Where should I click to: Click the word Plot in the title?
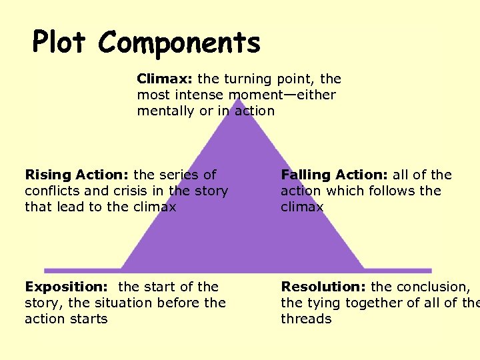pyautogui.click(x=61, y=43)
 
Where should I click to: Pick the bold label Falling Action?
pyautogui.click(x=334, y=175)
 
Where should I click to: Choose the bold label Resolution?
pyautogui.click(x=323, y=287)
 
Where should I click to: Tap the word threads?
pyautogui.click(x=306, y=319)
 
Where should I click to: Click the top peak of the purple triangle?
pyautogui.click(x=238, y=100)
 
